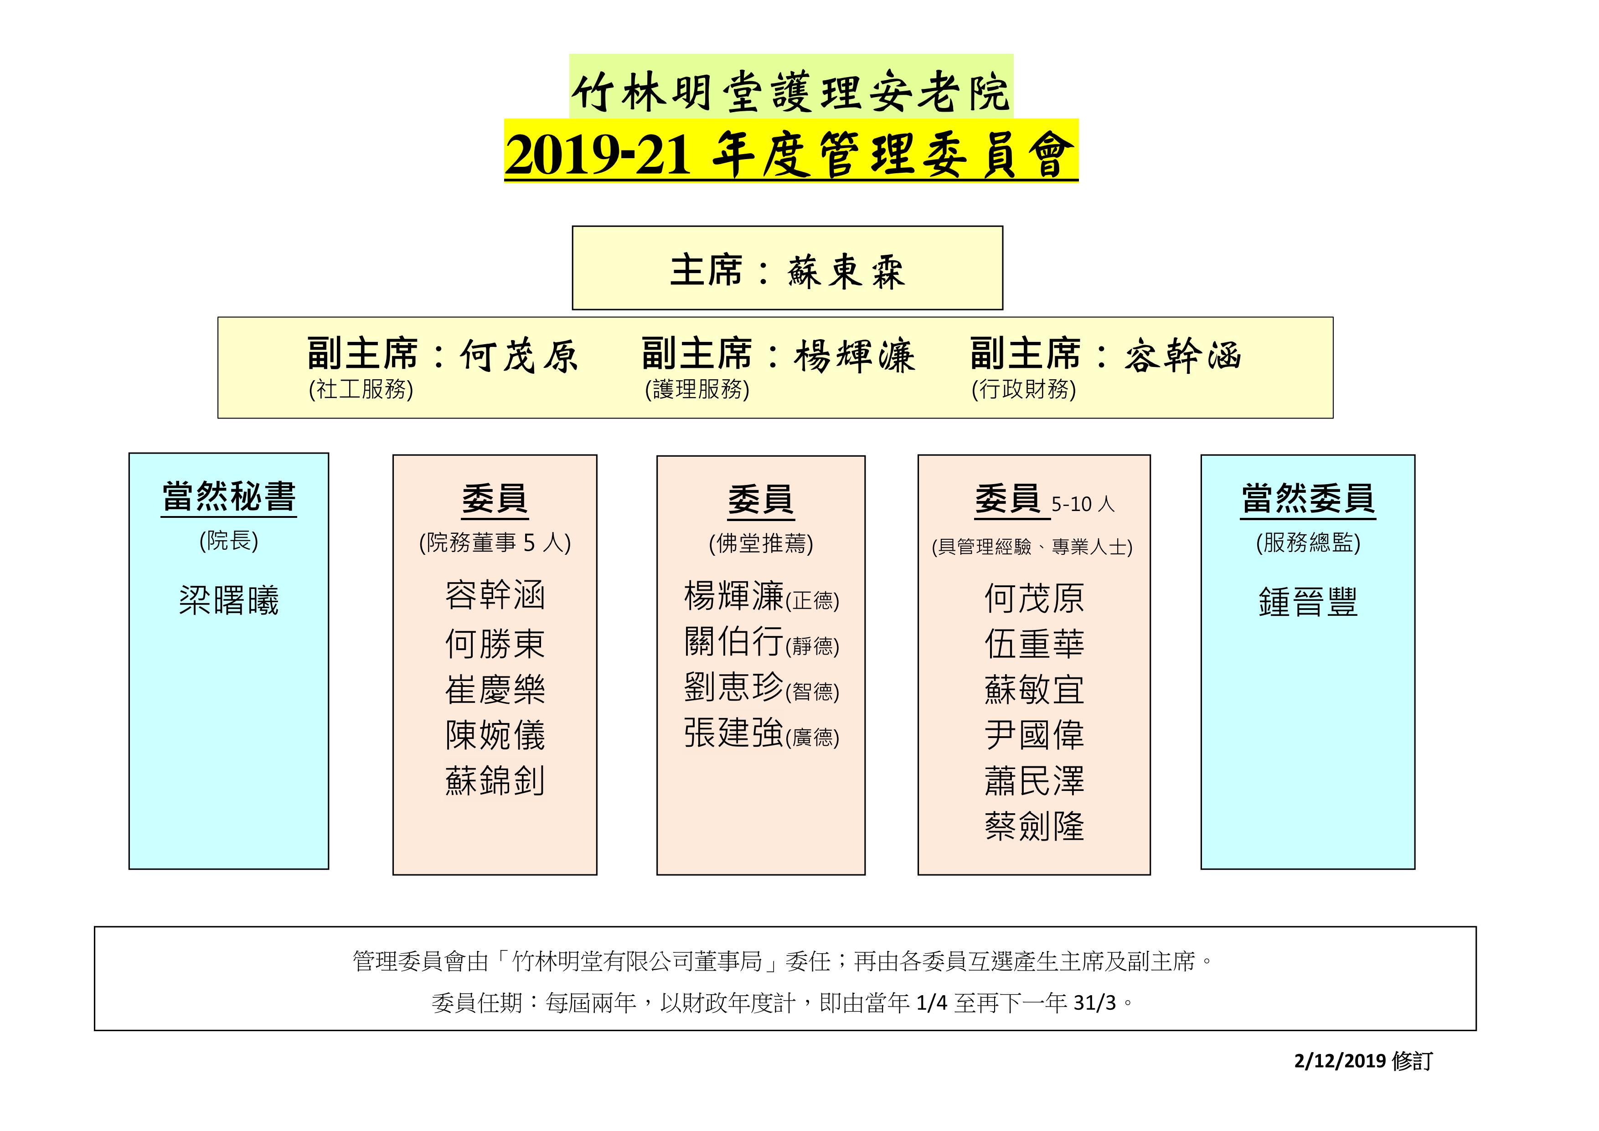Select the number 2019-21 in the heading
coord(598,154)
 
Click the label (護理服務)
coord(697,388)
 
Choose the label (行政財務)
coord(1024,388)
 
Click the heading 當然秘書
coord(229,496)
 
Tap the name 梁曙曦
coord(229,599)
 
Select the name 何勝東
coord(495,643)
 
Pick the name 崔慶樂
coord(495,689)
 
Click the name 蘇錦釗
coord(495,780)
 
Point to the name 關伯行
coord(734,640)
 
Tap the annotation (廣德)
coord(812,738)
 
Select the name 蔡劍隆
coord(1034,826)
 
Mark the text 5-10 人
coord(1083,504)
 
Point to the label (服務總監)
coord(1308,542)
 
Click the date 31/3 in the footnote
coord(1095,1003)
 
